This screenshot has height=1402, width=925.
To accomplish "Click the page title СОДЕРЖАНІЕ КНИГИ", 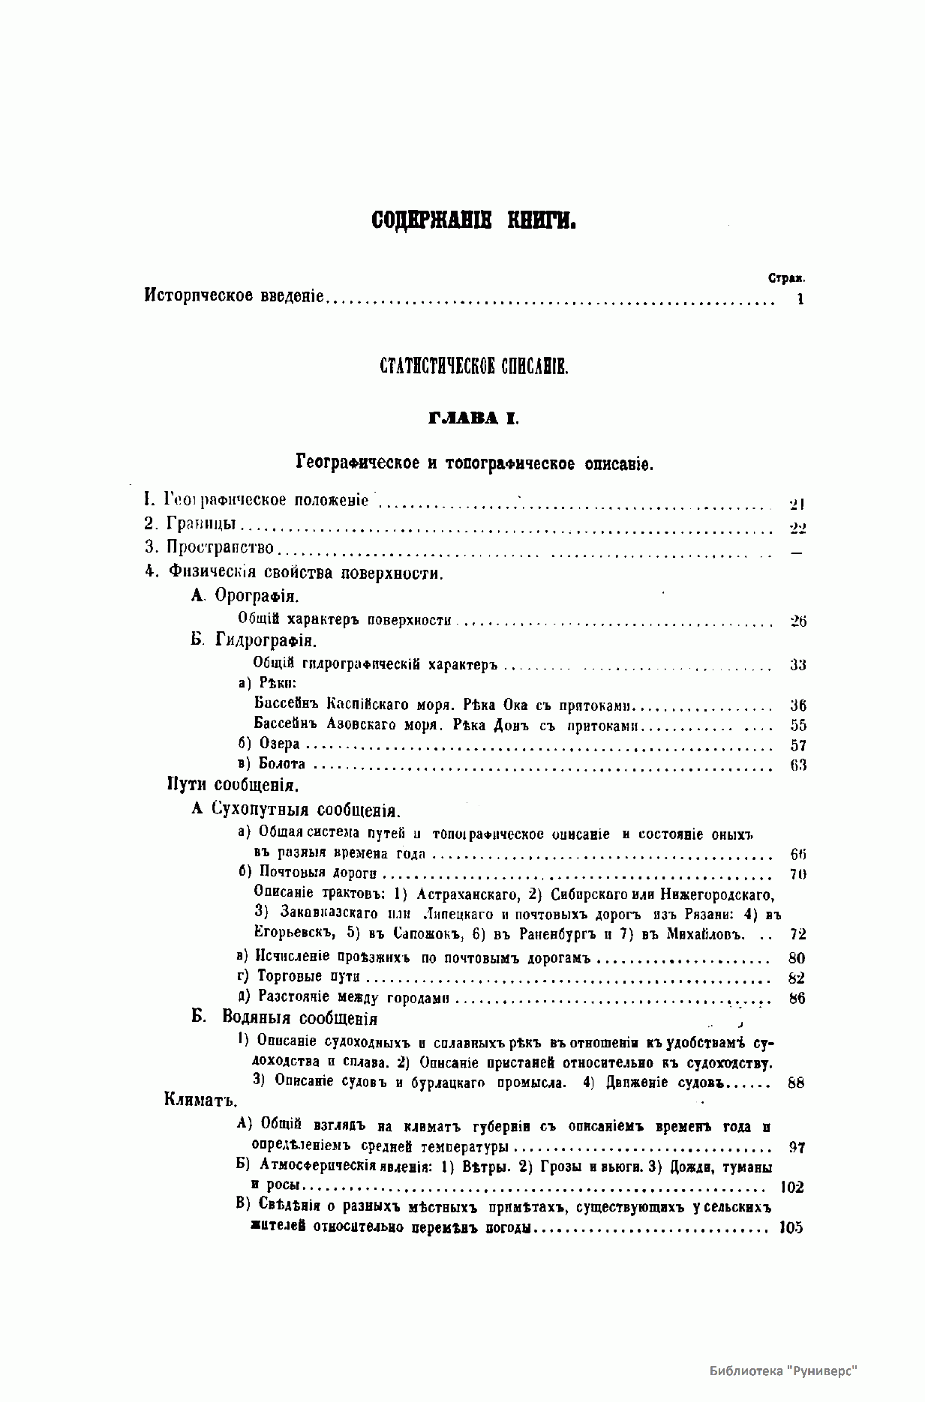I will tap(473, 220).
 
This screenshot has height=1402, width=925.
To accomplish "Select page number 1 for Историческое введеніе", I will tap(800, 299).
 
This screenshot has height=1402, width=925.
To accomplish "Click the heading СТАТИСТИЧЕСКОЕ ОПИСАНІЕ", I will tap(474, 367).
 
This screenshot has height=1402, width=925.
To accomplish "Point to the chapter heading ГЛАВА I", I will tap(473, 418).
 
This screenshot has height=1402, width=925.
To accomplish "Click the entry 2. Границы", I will tap(191, 525).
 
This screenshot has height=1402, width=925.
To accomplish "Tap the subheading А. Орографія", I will tap(245, 596).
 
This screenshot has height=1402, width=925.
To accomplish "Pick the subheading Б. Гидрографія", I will tap(254, 641).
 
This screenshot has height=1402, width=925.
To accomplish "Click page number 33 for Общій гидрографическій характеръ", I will tap(797, 665).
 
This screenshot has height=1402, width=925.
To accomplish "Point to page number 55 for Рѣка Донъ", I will tap(797, 725).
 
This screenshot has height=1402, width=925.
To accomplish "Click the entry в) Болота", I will tap(272, 764).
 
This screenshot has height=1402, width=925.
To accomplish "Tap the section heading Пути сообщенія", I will tap(232, 786).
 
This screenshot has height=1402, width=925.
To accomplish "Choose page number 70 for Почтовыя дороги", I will tap(797, 873).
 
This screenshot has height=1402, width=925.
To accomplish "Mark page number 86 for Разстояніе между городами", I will tap(797, 998).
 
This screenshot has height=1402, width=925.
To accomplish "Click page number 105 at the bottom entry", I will tap(791, 1227).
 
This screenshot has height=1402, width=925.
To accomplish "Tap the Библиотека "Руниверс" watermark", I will tap(783, 1370).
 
